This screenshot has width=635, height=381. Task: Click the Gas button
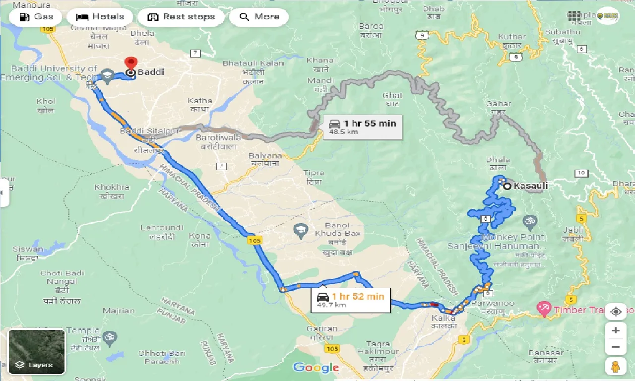click(35, 17)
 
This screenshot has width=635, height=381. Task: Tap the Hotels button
click(100, 17)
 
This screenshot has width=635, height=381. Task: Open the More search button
click(259, 17)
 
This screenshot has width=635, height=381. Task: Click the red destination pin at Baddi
click(131, 64)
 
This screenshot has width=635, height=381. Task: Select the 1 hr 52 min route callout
click(350, 300)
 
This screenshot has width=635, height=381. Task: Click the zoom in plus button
click(616, 330)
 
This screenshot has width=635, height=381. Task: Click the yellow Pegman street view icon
click(616, 366)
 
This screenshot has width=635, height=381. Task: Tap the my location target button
click(616, 312)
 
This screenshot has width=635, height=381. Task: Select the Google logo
click(316, 368)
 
